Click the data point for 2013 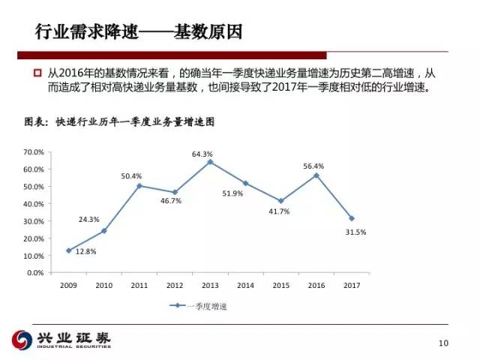tap(210, 162)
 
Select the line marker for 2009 tap(69, 250)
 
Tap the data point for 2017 tap(351, 218)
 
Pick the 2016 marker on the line tap(316, 175)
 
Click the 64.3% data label tap(202, 154)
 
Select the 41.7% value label tap(279, 211)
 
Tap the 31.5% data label tap(355, 232)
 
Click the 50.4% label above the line tap(131, 176)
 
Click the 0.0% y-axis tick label tap(36, 272)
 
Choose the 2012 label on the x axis tap(175, 285)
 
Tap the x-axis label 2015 tap(280, 285)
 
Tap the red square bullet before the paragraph tap(37, 73)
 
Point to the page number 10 tap(442, 343)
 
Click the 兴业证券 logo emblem tap(22, 339)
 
